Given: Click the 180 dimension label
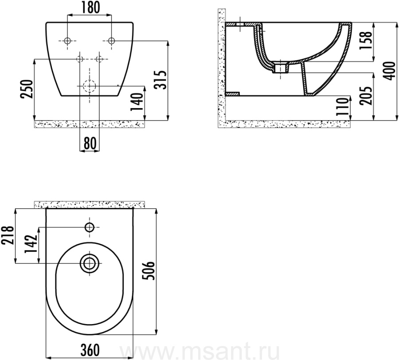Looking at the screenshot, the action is click(x=90, y=8).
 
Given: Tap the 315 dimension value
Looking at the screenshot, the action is click(x=160, y=80).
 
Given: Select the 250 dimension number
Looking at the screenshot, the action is click(x=27, y=89).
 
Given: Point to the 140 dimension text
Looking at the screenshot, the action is click(x=137, y=102).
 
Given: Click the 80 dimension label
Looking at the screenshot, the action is click(x=90, y=143).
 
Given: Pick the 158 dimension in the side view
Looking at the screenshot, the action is click(x=366, y=41).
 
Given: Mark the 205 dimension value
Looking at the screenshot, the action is click(x=366, y=96).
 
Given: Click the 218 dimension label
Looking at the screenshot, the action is click(x=8, y=235).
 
